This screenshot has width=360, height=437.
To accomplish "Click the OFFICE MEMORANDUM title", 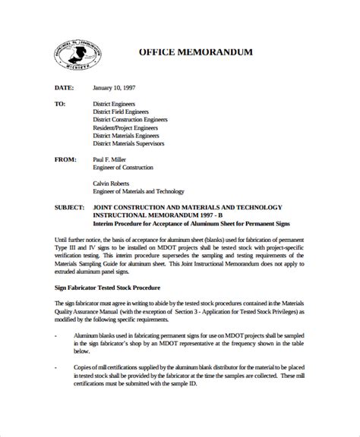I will click(195, 52).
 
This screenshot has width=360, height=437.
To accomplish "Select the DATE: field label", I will click(65, 86).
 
